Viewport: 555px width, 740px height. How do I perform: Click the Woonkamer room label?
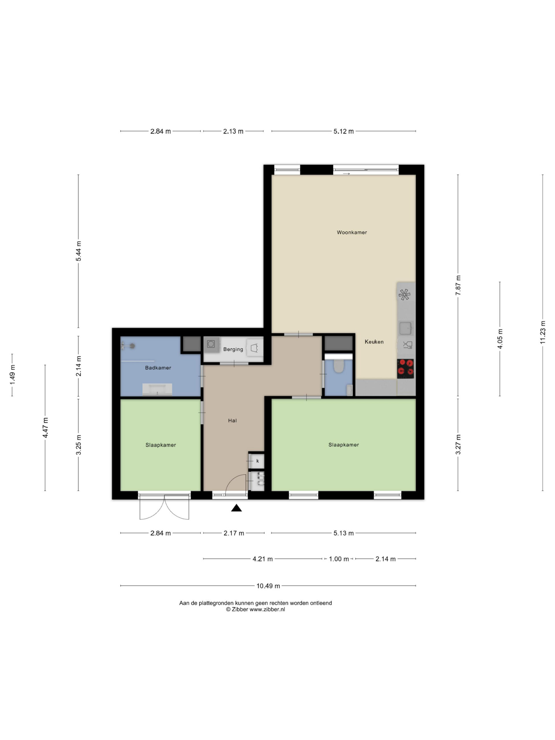351,232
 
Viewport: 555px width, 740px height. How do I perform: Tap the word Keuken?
374,342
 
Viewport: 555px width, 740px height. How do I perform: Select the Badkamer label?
158,368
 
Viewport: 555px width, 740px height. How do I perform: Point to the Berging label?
233,349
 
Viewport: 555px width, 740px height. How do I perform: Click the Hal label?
232,421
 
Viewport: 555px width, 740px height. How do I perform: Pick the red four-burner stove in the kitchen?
406,369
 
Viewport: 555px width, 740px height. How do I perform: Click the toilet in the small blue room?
338,365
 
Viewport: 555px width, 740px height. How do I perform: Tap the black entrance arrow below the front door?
236,508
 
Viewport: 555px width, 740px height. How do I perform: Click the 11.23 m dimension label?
543,332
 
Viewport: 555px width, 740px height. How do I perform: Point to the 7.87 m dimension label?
458,285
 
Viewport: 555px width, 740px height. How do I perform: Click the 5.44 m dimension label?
79,251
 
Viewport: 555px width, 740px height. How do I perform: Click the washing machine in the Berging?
211,344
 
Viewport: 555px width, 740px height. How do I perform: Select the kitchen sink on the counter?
406,328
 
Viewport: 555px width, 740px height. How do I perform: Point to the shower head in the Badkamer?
132,346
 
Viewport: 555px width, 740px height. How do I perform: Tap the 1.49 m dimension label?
12,375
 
